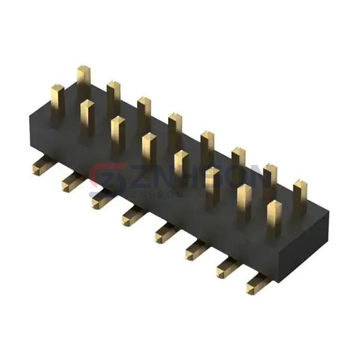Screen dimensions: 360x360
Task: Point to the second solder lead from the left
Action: tap(70, 182)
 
